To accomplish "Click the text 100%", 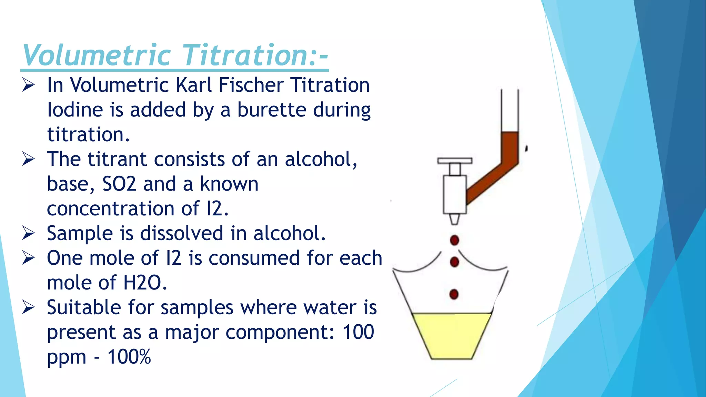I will [x=129, y=357].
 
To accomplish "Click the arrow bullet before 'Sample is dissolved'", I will [x=28, y=233].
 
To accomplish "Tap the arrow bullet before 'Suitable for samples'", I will [x=28, y=307].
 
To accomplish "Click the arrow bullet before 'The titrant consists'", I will [x=28, y=159].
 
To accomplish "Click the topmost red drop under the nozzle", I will [x=454, y=240].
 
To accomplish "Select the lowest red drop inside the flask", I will [x=454, y=294].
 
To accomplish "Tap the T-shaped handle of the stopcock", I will [x=455, y=161].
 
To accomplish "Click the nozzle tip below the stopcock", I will [x=454, y=220].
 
